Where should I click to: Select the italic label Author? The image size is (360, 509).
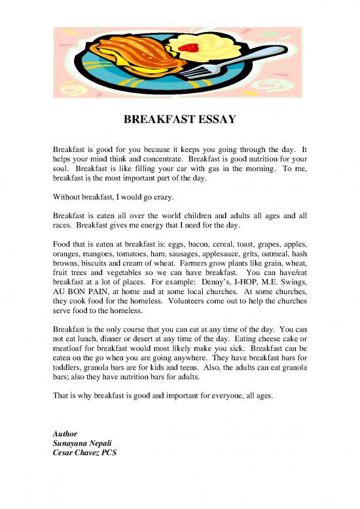click(65, 434)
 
